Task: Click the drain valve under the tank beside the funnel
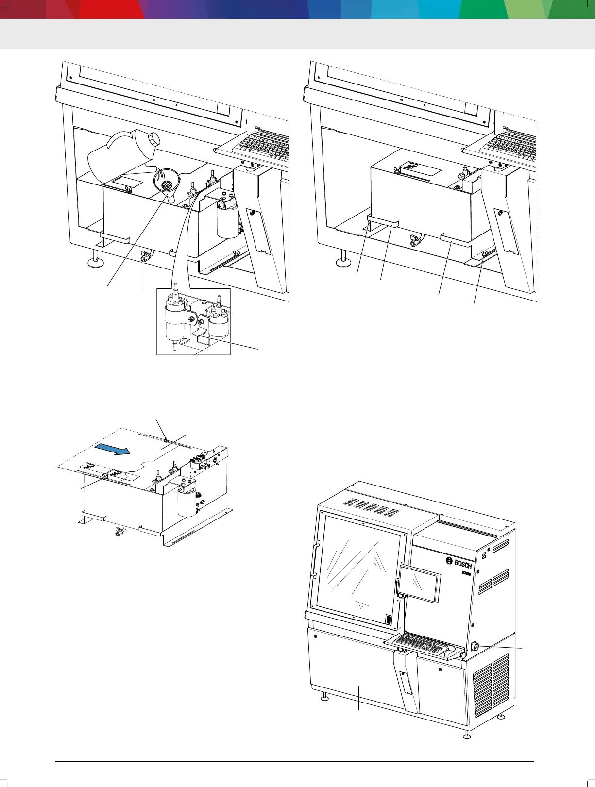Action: pos(144,257)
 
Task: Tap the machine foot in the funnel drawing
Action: pos(95,262)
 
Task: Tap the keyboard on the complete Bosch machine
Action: pos(421,643)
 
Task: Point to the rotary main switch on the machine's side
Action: pos(475,646)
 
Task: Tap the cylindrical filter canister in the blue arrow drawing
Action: pos(187,502)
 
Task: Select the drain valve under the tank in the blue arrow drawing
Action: pos(118,533)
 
